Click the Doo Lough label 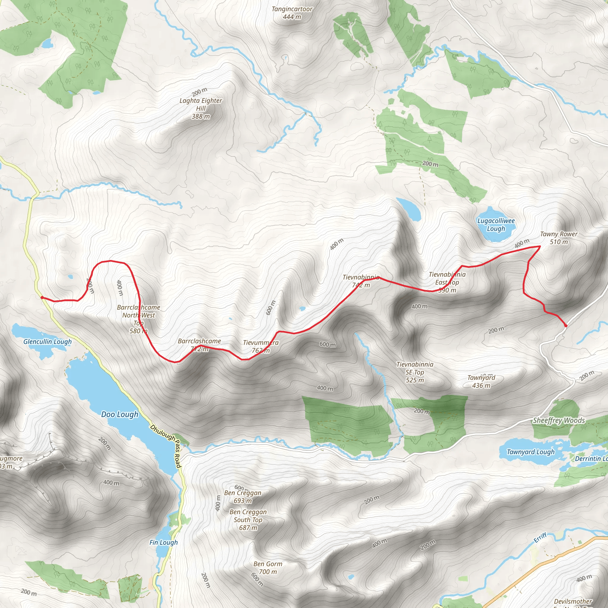point(120,414)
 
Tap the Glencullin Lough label point(47,342)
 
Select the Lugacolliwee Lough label point(496,225)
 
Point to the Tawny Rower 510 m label point(559,238)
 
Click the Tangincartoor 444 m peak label point(292,13)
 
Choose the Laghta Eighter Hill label point(201,108)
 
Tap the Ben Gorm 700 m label point(268,568)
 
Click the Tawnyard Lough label point(531,452)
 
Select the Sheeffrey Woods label point(559,420)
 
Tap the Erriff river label point(540,538)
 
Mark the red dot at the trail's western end point(42,297)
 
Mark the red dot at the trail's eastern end point(566,326)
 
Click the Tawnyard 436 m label point(481,381)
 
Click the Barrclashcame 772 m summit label point(199,345)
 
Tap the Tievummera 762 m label point(261,346)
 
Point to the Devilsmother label point(573,601)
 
